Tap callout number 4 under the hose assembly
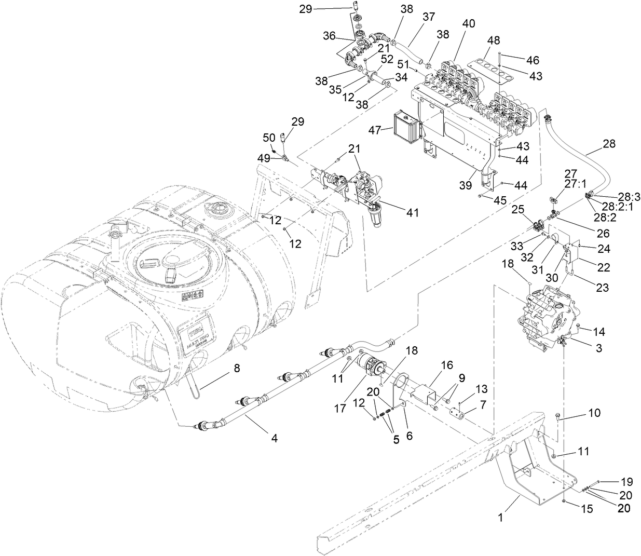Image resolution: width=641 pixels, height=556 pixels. pyautogui.click(x=274, y=438)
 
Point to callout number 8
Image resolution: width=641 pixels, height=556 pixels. pyautogui.click(x=236, y=369)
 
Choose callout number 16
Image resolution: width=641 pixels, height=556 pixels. pyautogui.click(x=447, y=366)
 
